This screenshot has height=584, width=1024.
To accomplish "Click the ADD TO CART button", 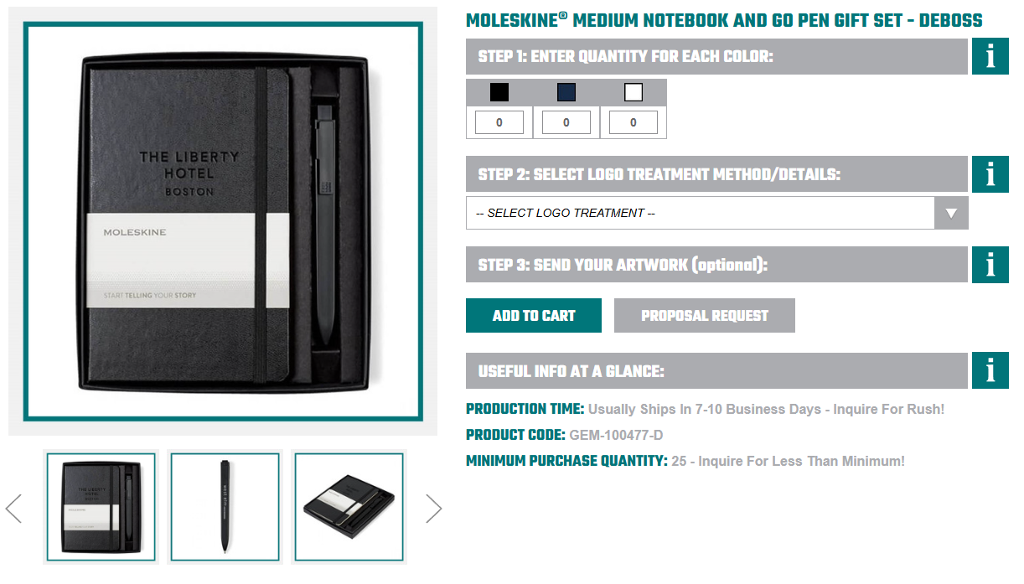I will pos(534,316).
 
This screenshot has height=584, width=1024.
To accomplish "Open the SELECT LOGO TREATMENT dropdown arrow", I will pos(951,213).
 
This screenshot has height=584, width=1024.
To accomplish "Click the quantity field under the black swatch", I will pos(499,122).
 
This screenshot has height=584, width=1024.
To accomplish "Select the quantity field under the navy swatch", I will pos(566,122).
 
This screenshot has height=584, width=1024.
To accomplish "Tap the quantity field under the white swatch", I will pos(633,122).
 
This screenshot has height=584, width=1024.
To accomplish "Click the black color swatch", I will pos(499,92).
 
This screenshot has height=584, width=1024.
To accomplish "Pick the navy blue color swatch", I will pos(566,92).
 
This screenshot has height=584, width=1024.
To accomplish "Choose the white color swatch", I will pos(633,92).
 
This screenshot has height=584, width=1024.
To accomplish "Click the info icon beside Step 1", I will pos(990,56).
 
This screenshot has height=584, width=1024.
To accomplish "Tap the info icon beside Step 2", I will pos(990,174).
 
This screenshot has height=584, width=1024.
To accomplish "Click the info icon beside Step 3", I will pos(990,265).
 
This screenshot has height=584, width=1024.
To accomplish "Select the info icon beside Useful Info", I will pos(990,371).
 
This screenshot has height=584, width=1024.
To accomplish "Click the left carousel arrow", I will pos(13,508).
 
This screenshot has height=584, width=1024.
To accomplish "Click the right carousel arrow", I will pos(433,508).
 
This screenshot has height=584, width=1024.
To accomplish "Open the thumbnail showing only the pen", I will pos(224,507).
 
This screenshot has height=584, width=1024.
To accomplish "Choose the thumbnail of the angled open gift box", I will pos(349,507).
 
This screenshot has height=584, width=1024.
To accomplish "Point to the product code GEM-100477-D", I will pos(616,436).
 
